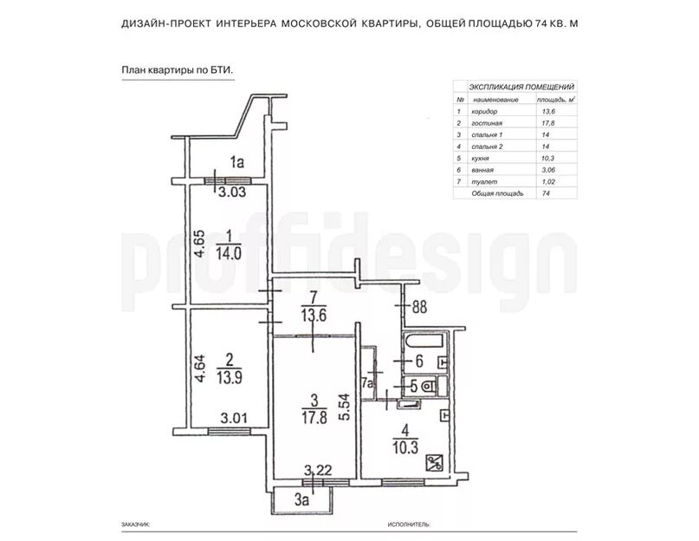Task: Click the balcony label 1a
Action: pos(237,162)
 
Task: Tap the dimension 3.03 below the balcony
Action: pos(232,192)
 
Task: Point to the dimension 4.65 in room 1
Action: pos(200,244)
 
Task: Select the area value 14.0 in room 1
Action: pos(229,253)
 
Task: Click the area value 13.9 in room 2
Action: pos(230,378)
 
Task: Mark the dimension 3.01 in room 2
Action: pos(234,419)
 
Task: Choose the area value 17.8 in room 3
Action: pos(314,417)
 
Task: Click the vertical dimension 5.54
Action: pos(345,407)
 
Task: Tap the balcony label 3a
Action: pos(301,499)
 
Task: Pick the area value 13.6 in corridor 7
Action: pos(314,315)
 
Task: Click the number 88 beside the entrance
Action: pos(419,307)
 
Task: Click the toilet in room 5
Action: pos(429,385)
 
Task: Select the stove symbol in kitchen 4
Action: pos(434,462)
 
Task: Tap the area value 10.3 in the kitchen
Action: pos(405,447)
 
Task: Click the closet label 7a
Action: pos(368,383)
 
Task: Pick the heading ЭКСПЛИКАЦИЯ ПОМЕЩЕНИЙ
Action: pos(521,87)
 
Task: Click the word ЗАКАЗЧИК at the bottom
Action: pos(135,525)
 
